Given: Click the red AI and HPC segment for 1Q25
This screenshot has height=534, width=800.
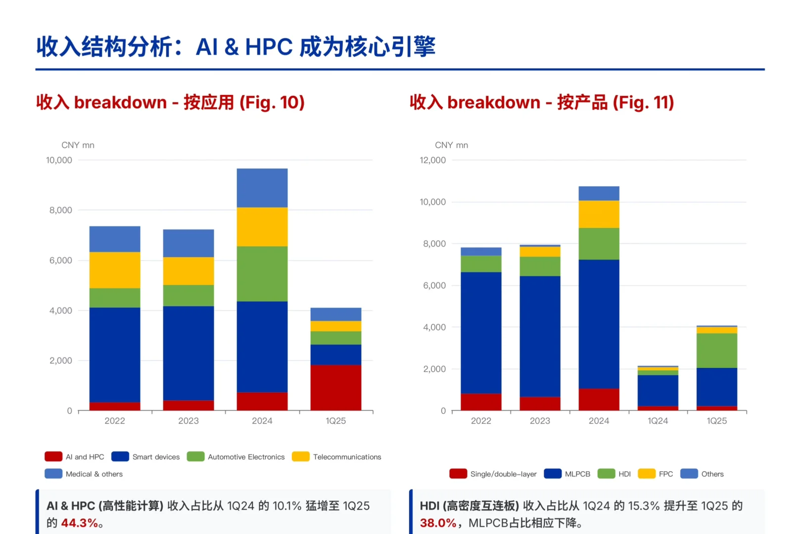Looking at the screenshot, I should coord(335,387).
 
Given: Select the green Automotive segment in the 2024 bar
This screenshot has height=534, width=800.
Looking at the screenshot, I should coord(262,273).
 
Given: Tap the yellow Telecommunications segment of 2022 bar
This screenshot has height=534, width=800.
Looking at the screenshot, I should coord(114,270).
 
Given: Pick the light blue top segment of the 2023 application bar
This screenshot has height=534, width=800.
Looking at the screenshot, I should coord(188,243).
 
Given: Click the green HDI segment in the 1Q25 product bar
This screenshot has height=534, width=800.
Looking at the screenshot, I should coord(716,350).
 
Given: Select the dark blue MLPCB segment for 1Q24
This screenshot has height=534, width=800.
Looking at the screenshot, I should coord(658,390).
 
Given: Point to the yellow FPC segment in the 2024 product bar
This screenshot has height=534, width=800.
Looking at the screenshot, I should coord(599,214).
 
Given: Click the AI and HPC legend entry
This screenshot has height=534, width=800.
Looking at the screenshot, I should coord(74,457).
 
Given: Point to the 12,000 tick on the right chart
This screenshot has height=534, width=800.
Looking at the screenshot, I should coord(432,160).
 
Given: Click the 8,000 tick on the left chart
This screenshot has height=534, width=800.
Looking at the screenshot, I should coord(60,210).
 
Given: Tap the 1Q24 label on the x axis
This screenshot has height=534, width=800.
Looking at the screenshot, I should coord(658,421).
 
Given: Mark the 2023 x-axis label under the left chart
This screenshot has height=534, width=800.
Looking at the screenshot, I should coord(188,421).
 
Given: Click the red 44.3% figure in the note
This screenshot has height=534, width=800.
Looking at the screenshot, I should coord(79,523).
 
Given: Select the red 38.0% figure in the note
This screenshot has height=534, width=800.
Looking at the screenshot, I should coord(438,523).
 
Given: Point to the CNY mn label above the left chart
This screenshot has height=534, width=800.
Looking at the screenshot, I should coord(78,145).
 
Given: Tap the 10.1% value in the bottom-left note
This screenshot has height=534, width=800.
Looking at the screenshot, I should coord(287,506).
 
